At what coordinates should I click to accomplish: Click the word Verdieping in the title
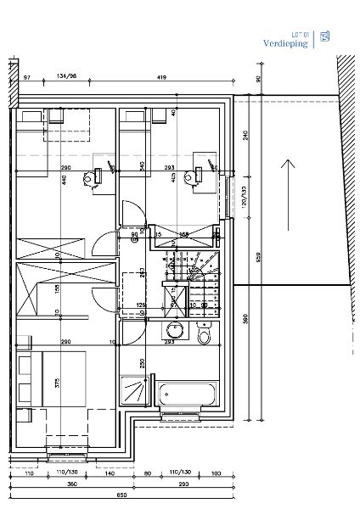tap(285, 42)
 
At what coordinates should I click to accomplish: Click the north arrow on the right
tap(289, 193)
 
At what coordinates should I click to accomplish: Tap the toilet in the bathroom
tap(203, 335)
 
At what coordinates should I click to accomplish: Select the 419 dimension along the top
tap(160, 78)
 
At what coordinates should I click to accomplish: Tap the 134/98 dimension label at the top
tap(66, 78)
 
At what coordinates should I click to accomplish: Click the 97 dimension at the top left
tap(26, 78)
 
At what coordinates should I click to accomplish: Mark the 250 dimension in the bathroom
tap(143, 362)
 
